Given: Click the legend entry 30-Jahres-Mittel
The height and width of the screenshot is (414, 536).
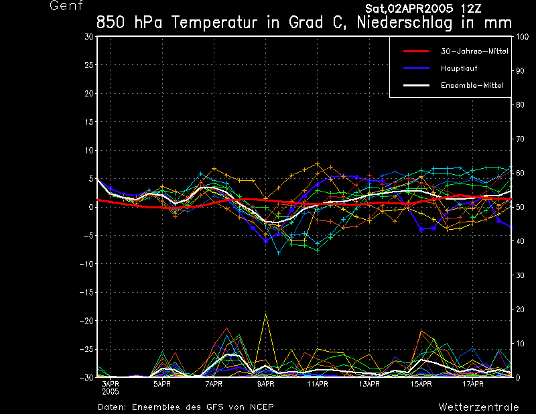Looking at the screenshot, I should coord(474,51).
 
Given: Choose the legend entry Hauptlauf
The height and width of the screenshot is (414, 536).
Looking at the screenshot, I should coord(458,68).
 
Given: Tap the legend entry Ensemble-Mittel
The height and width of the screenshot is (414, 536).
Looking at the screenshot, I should coord(472,85).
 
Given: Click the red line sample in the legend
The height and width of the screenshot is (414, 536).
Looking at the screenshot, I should coord(415,51).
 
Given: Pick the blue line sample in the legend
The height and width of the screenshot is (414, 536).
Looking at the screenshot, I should coord(415,68).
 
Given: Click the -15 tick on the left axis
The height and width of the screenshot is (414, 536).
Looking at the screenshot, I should coord(87,293).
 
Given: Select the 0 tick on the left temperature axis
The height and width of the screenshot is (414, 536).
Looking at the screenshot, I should coord(91,207).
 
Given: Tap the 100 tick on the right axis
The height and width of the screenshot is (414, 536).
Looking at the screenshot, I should coord(520,36).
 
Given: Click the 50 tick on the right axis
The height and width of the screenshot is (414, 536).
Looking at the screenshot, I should coord(518,207).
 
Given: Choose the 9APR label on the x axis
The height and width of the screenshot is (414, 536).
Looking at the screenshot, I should coord(265,385).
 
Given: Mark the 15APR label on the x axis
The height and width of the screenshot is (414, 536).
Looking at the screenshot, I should coord(421,385).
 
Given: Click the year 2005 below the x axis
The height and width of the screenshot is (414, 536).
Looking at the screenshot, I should coord(111,391).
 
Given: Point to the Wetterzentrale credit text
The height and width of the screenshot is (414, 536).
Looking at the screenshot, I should coord(479,407).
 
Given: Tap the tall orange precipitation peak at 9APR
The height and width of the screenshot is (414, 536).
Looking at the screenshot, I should coord(266,314).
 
